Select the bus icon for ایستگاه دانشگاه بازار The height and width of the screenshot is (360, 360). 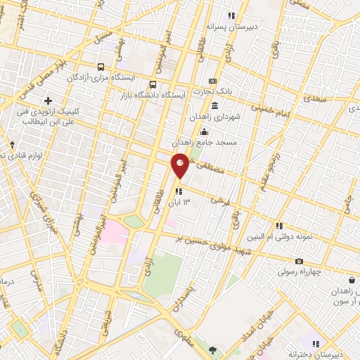click(x=154, y=84)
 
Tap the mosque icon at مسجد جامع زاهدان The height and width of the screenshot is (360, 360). click(x=205, y=132)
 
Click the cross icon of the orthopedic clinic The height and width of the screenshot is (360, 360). click(x=48, y=101)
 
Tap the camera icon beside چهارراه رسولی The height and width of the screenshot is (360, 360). click(x=300, y=262)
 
